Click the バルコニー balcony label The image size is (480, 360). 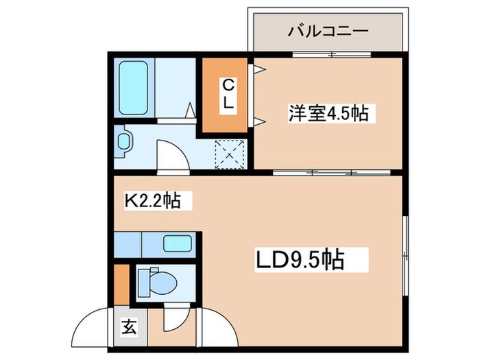[x=328, y=31]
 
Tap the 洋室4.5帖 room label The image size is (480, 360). [x=328, y=113]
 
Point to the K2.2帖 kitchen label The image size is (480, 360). [x=152, y=200]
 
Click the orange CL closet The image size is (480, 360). [x=228, y=95]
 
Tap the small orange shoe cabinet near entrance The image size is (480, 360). [x=121, y=285]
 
